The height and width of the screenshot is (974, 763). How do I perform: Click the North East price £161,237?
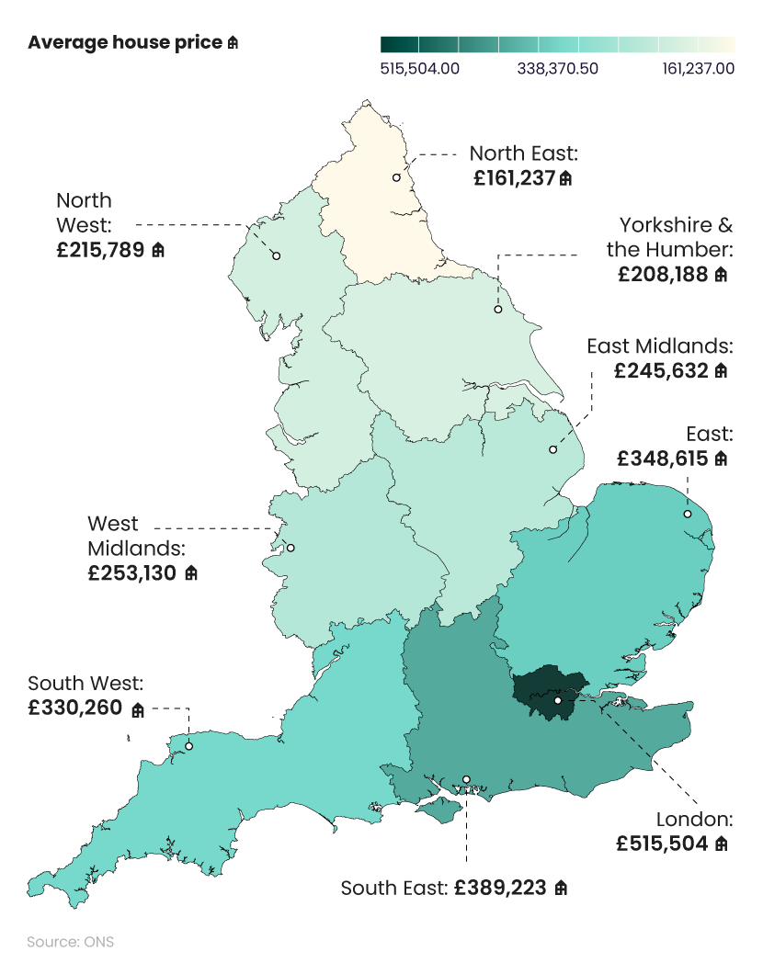[x=515, y=178]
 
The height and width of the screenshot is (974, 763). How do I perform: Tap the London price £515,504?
[x=665, y=843]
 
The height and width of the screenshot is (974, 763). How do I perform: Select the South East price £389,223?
[x=500, y=889]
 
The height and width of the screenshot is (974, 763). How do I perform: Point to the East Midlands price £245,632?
[x=662, y=370]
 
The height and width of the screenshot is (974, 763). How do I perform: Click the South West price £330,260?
[x=76, y=709]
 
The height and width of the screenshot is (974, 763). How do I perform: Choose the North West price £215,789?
[x=101, y=249]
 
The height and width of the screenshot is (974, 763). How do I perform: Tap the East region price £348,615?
[x=663, y=458]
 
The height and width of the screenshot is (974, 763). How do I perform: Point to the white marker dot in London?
[x=558, y=700]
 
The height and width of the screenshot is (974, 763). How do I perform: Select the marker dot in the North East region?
[x=397, y=177]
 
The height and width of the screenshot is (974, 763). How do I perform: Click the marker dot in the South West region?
[x=189, y=746]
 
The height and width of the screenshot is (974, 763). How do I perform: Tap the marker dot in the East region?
[x=687, y=514]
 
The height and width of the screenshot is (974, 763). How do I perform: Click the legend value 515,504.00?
[x=420, y=68]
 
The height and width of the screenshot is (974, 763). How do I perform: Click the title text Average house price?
[x=125, y=43]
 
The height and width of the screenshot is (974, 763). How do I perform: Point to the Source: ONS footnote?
[x=71, y=942]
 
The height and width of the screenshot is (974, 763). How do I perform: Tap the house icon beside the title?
[x=233, y=43]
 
